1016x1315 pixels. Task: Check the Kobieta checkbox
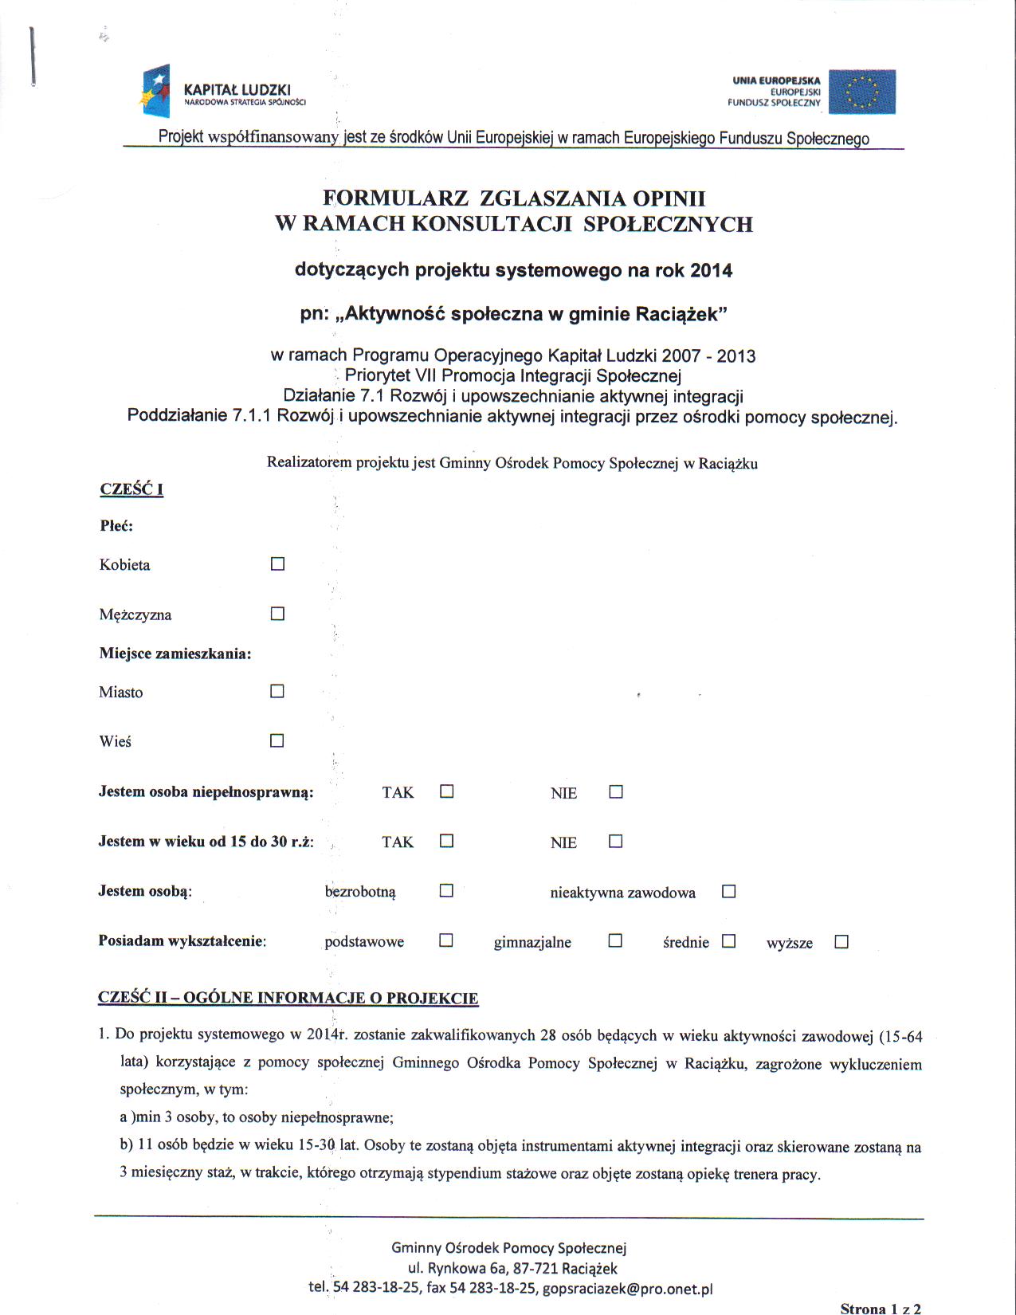(277, 564)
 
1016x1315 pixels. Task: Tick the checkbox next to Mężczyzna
(277, 614)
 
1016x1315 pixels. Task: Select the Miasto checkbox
(277, 691)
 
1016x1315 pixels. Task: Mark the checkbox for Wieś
(277, 740)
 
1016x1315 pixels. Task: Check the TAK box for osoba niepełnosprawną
(447, 791)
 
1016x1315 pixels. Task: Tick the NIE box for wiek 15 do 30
(615, 841)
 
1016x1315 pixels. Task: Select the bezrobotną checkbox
(446, 890)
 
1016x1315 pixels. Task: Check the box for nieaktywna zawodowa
(728, 891)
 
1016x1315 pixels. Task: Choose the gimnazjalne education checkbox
(615, 940)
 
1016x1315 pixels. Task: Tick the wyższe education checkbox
(841, 941)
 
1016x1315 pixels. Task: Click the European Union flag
(862, 92)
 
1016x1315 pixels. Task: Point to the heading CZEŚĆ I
(131, 489)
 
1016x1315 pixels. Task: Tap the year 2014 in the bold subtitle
(711, 271)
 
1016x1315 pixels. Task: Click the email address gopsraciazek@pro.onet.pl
(627, 1289)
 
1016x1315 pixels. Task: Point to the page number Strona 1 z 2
(881, 1308)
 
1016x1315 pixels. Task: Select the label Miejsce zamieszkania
(175, 654)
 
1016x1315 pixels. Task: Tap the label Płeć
(116, 526)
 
